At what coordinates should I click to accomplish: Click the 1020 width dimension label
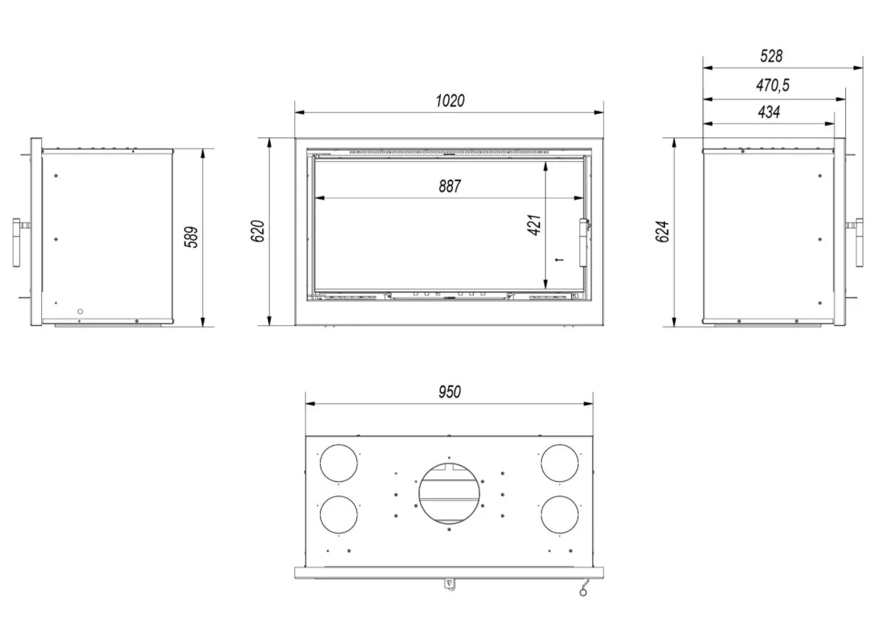450,101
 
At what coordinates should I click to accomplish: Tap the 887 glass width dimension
450,186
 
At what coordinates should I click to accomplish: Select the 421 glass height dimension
534,225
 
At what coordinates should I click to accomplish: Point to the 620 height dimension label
257,231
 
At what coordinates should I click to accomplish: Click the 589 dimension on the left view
191,237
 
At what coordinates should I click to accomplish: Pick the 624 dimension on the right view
663,232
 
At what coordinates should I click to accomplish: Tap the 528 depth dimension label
771,56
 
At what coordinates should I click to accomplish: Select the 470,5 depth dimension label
772,86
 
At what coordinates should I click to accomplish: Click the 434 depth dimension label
769,112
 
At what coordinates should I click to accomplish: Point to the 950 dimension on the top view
450,391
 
